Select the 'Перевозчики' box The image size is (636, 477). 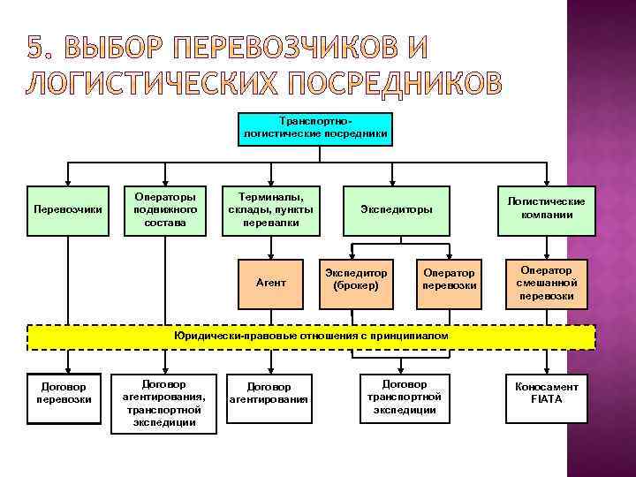[67, 210]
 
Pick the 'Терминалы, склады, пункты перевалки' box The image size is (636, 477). [270, 210]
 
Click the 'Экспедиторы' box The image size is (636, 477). [397, 210]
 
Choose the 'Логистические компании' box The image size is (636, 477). [547, 210]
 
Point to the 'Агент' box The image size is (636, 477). [270, 283]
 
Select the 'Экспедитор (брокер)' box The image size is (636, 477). [356, 278]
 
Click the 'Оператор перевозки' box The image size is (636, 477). [450, 278]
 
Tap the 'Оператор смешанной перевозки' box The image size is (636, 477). [547, 283]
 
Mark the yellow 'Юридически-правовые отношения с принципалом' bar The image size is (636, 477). [312, 337]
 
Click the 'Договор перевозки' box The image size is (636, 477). [64, 393]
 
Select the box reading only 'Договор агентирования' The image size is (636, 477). [269, 393]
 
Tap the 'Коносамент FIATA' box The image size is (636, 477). [547, 393]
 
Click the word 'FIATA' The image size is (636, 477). [547, 399]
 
